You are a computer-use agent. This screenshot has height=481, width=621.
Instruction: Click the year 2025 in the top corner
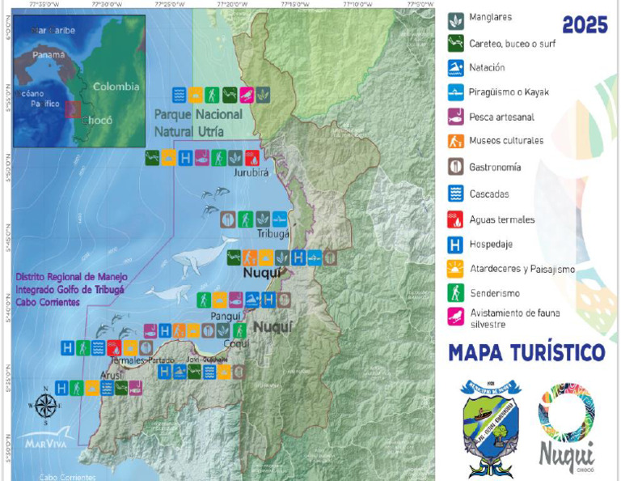click(x=585, y=25)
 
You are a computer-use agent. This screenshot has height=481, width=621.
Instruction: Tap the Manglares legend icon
click(x=456, y=19)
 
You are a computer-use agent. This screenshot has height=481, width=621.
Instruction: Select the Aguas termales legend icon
click(x=456, y=219)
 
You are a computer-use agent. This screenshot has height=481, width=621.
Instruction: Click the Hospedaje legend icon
click(x=456, y=244)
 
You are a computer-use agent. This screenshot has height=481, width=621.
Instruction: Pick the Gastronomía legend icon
click(x=456, y=168)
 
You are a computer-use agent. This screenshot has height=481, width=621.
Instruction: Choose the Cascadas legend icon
click(x=456, y=194)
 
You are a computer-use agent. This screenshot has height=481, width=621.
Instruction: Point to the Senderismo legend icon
click(x=456, y=293)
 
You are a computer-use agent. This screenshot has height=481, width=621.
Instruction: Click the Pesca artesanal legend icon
click(x=456, y=117)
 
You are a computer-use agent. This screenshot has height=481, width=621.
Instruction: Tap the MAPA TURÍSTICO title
click(x=526, y=353)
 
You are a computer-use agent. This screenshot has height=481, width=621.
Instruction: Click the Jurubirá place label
click(x=251, y=172)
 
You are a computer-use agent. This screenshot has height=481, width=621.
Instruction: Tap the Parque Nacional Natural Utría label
click(x=199, y=122)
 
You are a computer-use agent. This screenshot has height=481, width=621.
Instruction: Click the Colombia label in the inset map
click(x=116, y=87)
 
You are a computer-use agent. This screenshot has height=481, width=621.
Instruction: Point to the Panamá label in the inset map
click(x=49, y=57)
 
